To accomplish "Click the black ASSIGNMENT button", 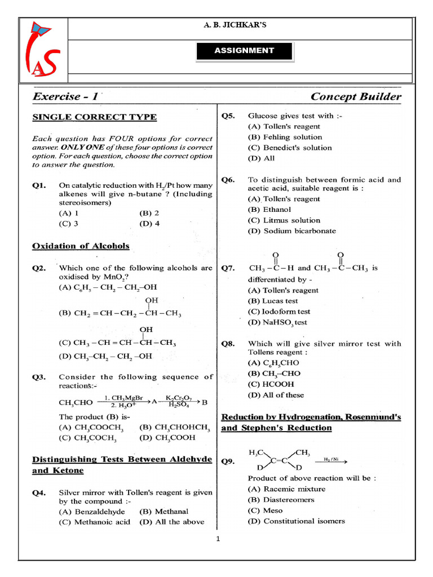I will (244, 51).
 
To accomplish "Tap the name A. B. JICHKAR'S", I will (244, 25).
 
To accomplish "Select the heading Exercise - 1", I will (65, 96).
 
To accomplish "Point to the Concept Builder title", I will (356, 96).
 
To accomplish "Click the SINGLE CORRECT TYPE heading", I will (94, 117).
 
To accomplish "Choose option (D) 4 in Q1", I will (149, 223).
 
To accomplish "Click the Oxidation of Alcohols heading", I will (81, 246).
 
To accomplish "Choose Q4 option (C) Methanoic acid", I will (94, 522).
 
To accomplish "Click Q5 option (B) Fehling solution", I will (285, 137).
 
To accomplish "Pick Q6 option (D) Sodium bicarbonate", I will (291, 231).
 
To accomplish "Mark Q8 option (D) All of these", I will (276, 395).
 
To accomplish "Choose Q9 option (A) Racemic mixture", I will (286, 489).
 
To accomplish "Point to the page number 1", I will (218, 539).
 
